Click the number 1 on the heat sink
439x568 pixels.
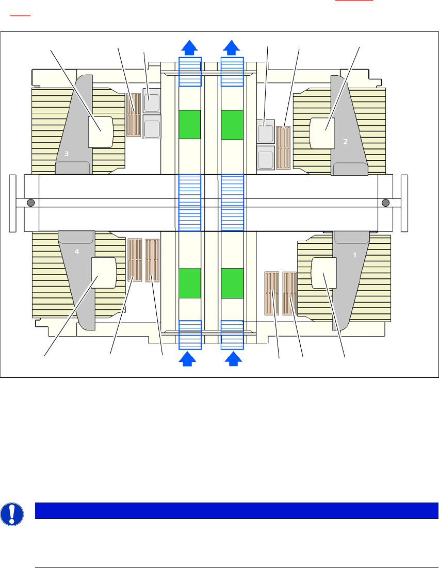pyautogui.click(x=354, y=255)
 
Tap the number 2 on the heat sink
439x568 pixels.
pyautogui.click(x=346, y=141)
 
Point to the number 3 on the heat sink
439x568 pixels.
pyautogui.click(x=67, y=154)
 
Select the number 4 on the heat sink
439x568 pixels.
pyautogui.click(x=77, y=252)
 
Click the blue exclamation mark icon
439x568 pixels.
pyautogui.click(x=11, y=514)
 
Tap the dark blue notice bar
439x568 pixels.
pyautogui.click(x=236, y=511)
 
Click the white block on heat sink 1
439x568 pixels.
pyautogui.click(x=324, y=273)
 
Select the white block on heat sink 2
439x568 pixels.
pyautogui.click(x=322, y=132)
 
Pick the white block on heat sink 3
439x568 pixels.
pyautogui.click(x=101, y=132)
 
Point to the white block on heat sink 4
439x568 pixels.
pyautogui.click(x=103, y=273)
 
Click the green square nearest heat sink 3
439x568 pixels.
pyautogui.click(x=190, y=124)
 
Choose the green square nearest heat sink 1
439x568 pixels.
pyautogui.click(x=232, y=283)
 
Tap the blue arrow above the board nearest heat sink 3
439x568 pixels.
pyautogui.click(x=190, y=48)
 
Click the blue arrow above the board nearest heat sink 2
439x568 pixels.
pyautogui.click(x=232, y=48)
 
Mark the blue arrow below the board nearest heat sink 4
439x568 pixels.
pyautogui.click(x=190, y=359)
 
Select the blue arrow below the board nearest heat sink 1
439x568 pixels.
pyautogui.click(x=234, y=359)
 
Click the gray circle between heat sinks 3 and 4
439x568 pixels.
pyautogui.click(x=30, y=203)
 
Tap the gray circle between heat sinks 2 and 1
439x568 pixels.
pyautogui.click(x=385, y=203)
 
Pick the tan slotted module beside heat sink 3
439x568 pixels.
pyautogui.click(x=134, y=115)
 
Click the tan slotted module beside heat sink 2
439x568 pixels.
pyautogui.click(x=284, y=148)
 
